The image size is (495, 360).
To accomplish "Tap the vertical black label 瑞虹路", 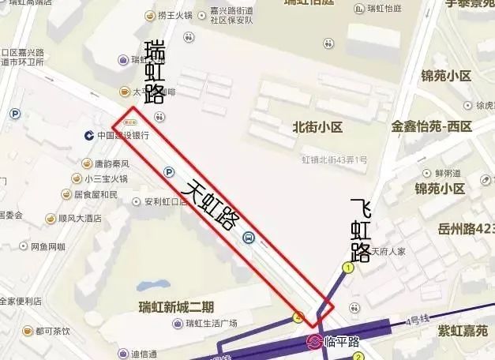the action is [x=155, y=71].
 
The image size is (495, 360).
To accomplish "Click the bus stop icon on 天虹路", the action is [x=248, y=237].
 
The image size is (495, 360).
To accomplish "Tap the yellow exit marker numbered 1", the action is [x=347, y=268].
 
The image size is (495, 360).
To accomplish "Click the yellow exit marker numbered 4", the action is [x=298, y=317].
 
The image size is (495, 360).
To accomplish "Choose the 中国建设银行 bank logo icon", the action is [x=89, y=136].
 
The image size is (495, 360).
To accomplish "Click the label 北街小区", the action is [x=317, y=126].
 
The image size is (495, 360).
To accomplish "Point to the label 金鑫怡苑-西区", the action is [x=431, y=126].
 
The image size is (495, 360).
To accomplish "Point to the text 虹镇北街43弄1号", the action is [x=334, y=159].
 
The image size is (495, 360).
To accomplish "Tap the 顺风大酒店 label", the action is [x=79, y=218].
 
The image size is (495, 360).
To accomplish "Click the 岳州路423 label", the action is [x=466, y=229].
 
